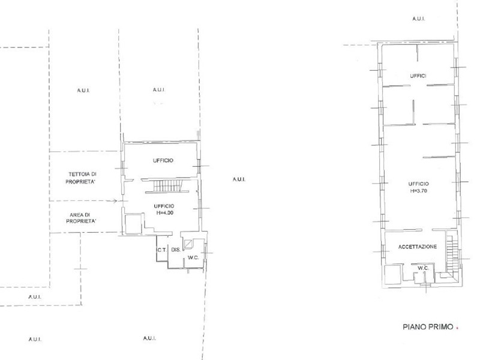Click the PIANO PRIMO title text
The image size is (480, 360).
coord(428,327)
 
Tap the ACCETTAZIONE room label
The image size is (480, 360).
coord(418,247)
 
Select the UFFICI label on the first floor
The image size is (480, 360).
coord(418,76)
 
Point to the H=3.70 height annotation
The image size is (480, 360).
coord(418,191)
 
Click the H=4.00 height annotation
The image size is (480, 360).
coord(164,213)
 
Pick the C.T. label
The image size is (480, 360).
coord(161,250)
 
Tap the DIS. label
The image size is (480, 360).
coord(176,250)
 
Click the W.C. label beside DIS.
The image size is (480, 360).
coord(193,257)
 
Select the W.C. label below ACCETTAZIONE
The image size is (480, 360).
coord(423,268)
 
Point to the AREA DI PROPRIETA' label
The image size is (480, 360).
coord(81,218)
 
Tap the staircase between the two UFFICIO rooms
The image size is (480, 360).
coord(167,186)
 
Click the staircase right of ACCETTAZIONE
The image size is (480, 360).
coord(452,253)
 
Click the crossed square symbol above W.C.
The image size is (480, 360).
coord(188,244)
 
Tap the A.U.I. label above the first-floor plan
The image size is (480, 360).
coord(418,19)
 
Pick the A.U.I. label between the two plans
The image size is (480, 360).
coord(239,179)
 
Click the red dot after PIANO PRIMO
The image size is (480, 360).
coord(457,328)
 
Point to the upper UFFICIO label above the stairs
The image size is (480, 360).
coord(163,160)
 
